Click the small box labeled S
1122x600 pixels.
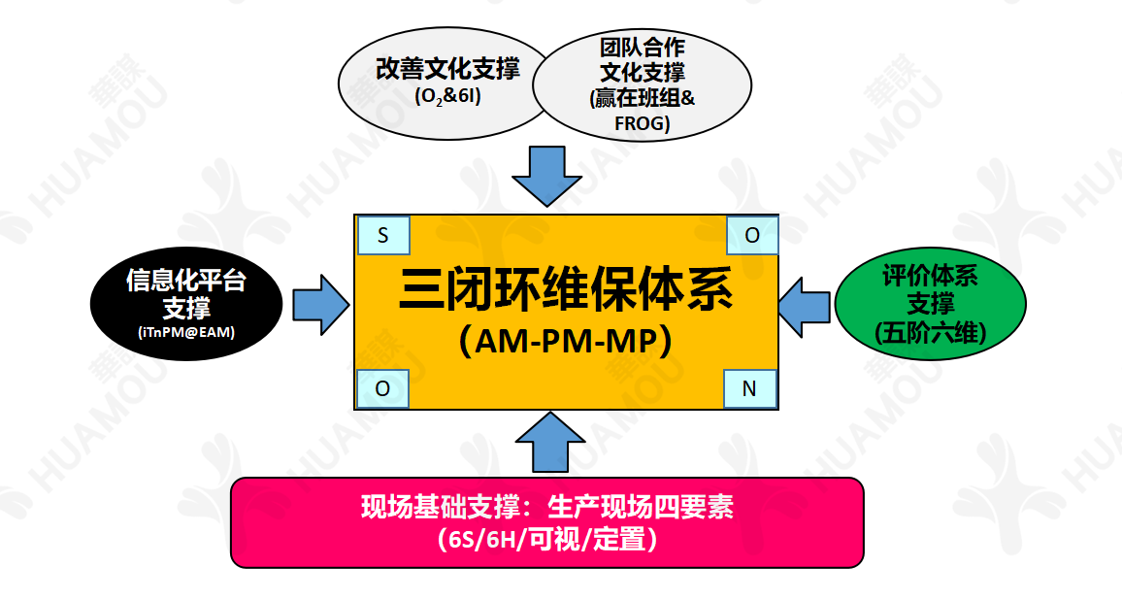(x=382, y=235)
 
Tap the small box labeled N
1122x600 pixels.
(x=750, y=388)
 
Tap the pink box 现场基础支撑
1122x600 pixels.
(x=546, y=522)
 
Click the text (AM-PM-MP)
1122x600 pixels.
(x=566, y=342)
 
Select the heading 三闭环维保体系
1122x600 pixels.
(x=566, y=291)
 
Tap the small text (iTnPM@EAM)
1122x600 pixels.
(x=186, y=334)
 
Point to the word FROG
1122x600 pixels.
(x=643, y=123)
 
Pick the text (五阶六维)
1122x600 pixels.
(x=930, y=333)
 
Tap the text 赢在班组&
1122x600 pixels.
(x=643, y=100)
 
